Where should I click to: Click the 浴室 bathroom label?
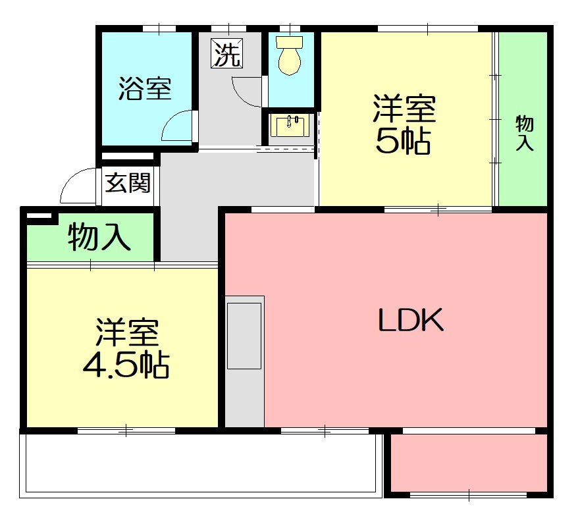pos(145,89)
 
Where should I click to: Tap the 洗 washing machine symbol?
pos(226,53)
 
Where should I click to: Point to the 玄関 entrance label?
pos(128,182)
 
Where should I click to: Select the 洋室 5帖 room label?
pos(404,124)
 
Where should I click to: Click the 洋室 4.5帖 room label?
pos(126,349)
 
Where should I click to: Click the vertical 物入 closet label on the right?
pos(524,133)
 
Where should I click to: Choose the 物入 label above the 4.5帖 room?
pos(99,237)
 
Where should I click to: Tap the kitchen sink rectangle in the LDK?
pos(244,336)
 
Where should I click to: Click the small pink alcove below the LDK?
pos(469,462)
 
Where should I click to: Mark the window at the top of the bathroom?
pos(159,28)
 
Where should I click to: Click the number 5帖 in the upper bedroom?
pos(403,140)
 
